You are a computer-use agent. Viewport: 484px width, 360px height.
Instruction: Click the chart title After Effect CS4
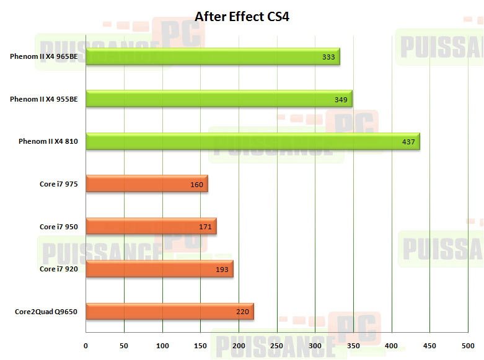(242, 17)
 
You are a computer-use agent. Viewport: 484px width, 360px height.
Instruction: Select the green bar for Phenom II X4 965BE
(213, 56)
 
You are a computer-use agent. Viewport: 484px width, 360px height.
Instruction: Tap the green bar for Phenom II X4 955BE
(219, 99)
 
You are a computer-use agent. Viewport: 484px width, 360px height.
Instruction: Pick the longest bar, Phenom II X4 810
(252, 141)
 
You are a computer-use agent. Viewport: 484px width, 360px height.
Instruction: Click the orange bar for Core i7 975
(147, 184)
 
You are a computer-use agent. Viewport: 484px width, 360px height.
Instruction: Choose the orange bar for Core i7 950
(151, 227)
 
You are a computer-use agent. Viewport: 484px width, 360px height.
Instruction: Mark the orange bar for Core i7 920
(159, 270)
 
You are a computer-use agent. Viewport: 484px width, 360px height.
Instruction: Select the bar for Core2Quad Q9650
(170, 312)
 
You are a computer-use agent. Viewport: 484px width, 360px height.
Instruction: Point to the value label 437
(408, 142)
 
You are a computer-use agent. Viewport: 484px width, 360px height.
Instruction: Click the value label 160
(197, 185)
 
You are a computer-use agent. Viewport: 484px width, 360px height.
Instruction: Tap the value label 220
(243, 312)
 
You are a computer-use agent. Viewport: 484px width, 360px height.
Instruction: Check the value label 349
(341, 99)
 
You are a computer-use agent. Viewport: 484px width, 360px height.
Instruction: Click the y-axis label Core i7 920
(59, 270)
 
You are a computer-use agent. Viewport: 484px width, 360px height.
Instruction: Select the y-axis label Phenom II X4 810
(48, 142)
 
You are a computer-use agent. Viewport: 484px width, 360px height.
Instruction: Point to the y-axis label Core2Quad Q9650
(46, 312)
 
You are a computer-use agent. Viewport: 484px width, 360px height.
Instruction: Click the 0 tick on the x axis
(86, 345)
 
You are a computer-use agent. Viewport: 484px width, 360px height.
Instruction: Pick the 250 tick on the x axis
(277, 345)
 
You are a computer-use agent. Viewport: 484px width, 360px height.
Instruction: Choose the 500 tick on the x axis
(468, 345)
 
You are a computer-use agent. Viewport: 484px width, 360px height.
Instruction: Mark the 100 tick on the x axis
(162, 345)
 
